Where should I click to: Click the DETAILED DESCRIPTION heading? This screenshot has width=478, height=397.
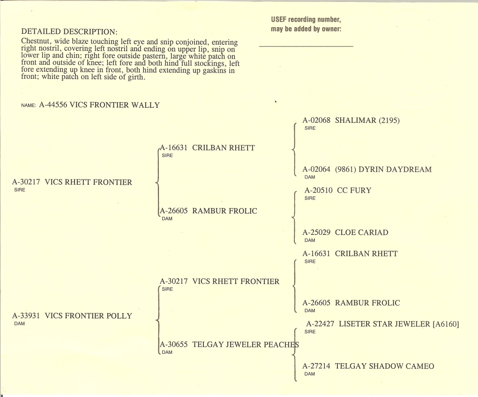(69, 31)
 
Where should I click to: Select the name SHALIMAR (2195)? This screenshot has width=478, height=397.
(367, 120)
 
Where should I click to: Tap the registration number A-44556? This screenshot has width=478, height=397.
(53, 105)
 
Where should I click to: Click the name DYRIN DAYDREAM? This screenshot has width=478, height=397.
(395, 169)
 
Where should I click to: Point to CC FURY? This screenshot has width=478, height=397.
(354, 190)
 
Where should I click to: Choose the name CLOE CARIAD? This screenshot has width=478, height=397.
(362, 232)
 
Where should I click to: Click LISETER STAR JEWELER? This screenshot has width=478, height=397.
(384, 324)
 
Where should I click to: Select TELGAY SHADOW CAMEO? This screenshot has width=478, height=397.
(384, 366)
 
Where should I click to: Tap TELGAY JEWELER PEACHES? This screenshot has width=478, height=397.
(246, 345)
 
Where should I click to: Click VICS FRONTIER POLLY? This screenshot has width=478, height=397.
(89, 315)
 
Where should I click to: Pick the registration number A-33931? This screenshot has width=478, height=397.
(26, 315)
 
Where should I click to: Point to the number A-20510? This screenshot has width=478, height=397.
(319, 190)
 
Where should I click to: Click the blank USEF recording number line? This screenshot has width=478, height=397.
(306, 46)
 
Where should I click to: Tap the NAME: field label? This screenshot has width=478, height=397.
(29, 105)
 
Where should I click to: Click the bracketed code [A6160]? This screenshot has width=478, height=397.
(446, 324)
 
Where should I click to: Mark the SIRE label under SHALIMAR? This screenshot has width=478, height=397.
(310, 128)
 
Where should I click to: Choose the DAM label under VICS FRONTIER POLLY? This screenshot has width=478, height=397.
(20, 323)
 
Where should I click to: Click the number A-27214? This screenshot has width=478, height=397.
(316, 366)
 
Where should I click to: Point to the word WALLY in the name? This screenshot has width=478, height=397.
(145, 105)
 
